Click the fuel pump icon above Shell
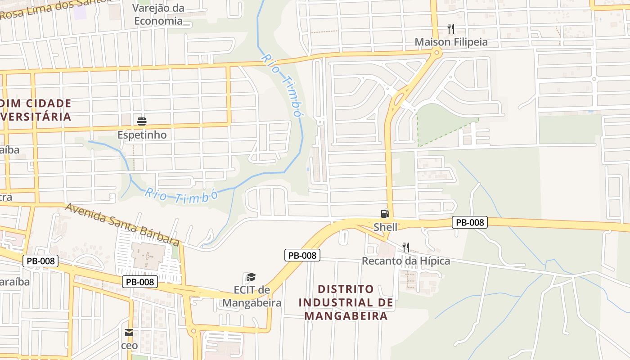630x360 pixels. (385, 214)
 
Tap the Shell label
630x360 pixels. (386, 226)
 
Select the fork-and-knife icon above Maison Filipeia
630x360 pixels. (451, 29)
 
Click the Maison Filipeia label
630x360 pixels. (451, 42)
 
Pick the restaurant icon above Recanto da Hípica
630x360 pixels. (406, 247)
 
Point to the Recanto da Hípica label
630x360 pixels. (406, 261)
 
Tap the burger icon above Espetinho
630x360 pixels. (142, 121)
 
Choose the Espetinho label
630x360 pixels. (142, 135)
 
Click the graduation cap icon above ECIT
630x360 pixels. (251, 277)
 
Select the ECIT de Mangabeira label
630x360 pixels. (252, 296)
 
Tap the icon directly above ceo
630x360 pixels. (129, 333)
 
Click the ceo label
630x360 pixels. (129, 346)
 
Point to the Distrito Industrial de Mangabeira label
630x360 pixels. (346, 302)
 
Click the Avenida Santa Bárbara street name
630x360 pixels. (122, 224)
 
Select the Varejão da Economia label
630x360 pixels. (158, 14)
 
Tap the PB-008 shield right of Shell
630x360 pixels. (470, 222)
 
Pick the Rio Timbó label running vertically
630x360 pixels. (281, 85)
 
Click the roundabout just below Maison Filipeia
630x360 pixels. (436, 54)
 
